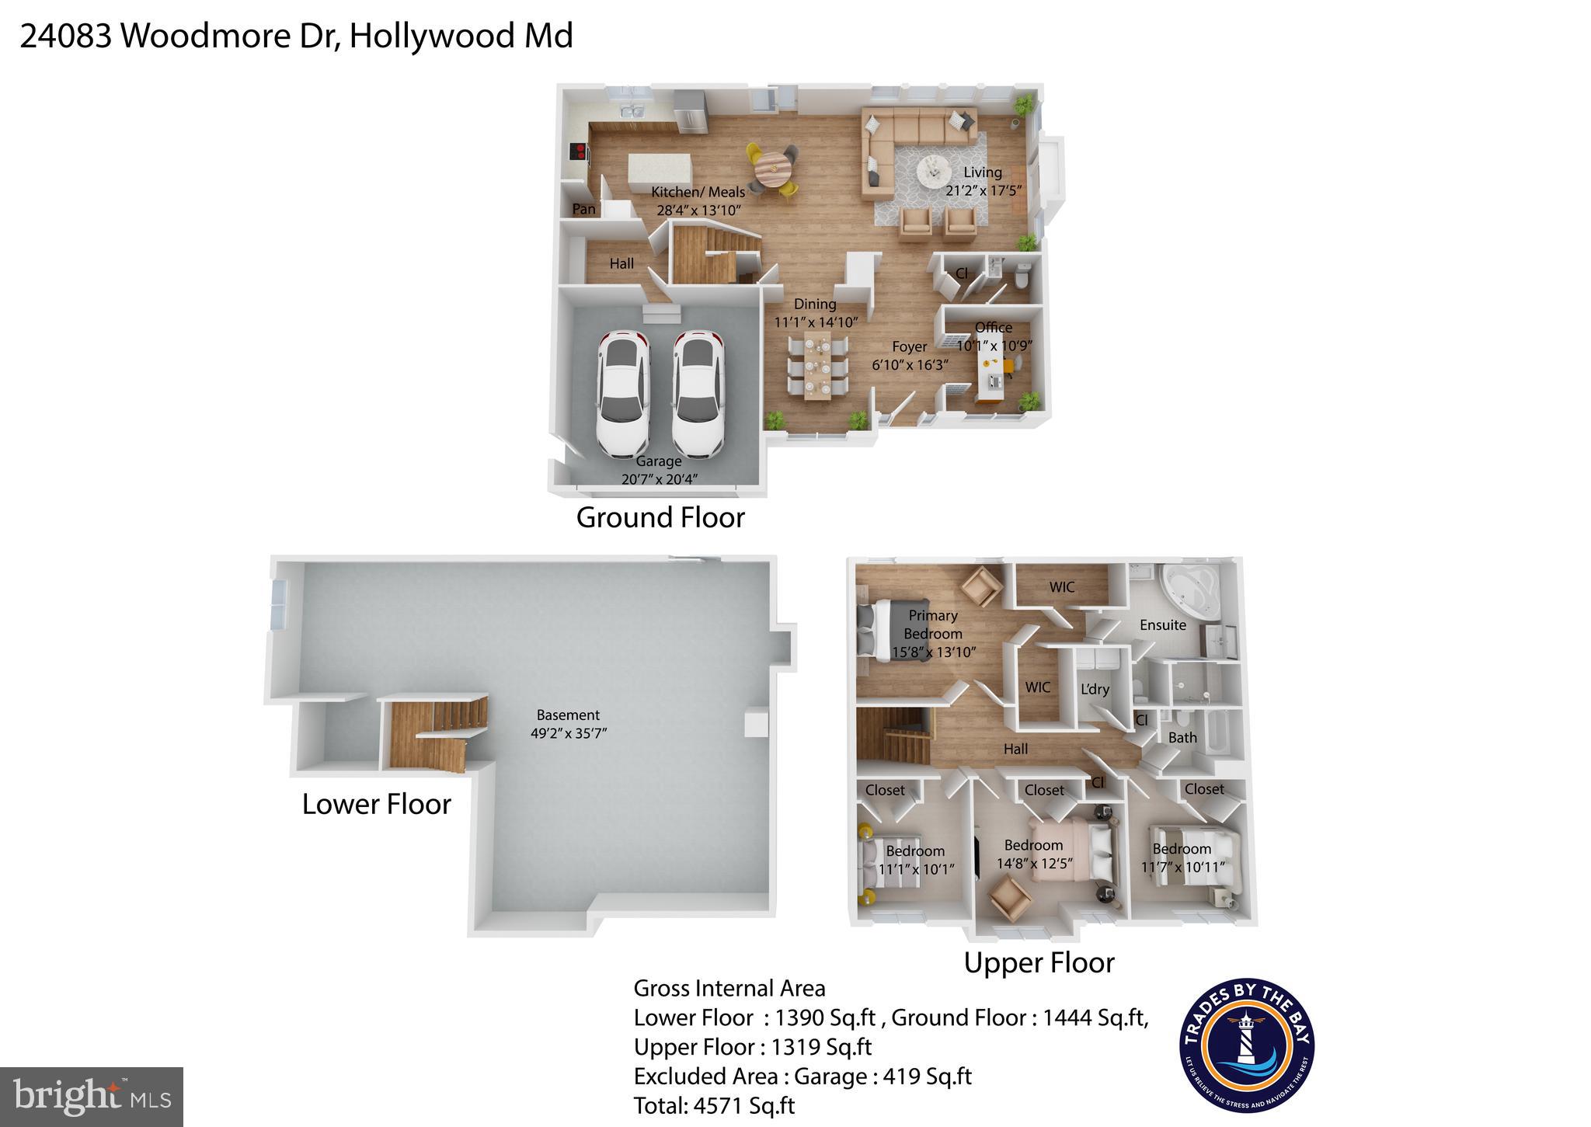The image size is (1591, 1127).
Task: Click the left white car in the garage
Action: coord(622,395)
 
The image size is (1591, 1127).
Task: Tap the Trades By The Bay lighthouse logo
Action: coord(1246,1045)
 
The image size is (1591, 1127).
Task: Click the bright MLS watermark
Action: coord(91,1097)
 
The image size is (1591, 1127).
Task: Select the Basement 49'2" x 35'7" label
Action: coord(568,724)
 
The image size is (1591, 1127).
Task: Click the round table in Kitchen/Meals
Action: coord(773,167)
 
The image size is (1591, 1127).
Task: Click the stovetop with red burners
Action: coord(578,151)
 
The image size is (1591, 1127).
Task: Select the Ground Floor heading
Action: coord(660,517)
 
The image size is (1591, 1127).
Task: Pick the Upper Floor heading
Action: coord(1039,962)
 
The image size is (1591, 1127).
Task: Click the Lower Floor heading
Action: coord(376,804)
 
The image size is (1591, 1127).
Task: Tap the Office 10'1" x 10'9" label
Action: coord(994,337)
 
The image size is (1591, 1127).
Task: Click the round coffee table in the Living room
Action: coord(932,170)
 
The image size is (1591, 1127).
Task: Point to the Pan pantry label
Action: coord(583,209)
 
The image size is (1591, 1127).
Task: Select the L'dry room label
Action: coord(1095,689)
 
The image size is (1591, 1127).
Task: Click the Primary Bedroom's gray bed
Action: coord(893,629)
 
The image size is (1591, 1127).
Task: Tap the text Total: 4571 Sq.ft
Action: coord(714,1105)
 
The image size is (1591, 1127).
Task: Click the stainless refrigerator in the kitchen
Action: coord(689,111)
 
